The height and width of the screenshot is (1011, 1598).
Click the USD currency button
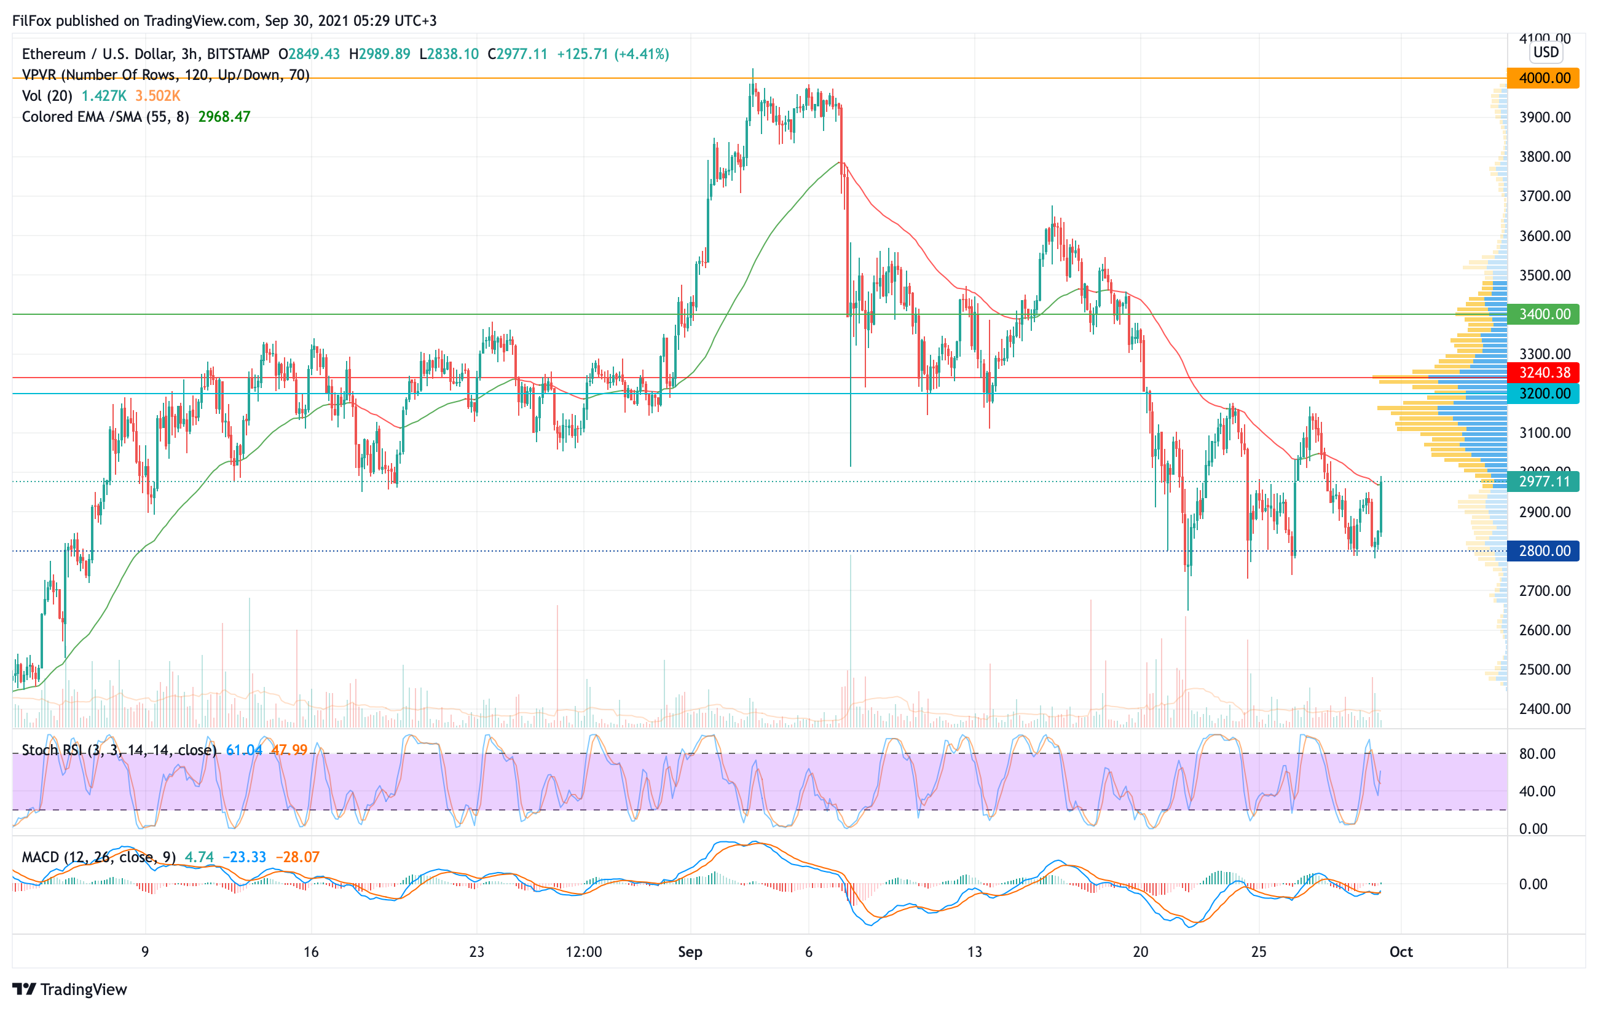(x=1546, y=52)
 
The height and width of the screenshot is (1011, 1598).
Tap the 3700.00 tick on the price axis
(x=1545, y=196)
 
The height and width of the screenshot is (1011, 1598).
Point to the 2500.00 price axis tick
(x=1545, y=669)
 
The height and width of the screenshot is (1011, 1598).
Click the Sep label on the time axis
(x=690, y=952)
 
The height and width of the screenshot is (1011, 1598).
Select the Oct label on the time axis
(x=1401, y=952)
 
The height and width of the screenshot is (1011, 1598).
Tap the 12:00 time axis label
(x=583, y=952)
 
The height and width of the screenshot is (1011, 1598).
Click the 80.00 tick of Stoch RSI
(x=1537, y=753)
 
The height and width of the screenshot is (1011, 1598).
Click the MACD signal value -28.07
(x=297, y=857)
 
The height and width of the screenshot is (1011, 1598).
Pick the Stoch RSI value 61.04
(x=243, y=750)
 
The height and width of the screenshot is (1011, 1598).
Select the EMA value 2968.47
(x=224, y=117)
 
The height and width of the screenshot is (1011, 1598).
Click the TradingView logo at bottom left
(x=69, y=989)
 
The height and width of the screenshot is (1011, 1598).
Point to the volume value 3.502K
(x=158, y=95)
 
